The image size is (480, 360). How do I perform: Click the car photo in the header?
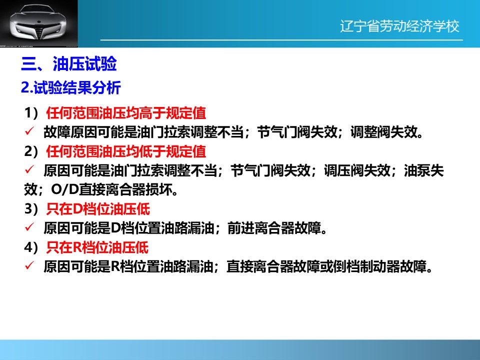39,23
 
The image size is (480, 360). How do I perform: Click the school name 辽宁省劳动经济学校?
399,26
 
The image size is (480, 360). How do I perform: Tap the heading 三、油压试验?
69,64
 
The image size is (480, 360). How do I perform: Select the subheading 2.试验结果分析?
71,87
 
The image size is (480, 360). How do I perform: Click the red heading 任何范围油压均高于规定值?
126,113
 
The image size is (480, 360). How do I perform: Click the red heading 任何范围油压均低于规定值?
126,151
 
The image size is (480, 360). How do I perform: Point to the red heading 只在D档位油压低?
98,209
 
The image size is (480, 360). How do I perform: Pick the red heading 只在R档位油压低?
97,247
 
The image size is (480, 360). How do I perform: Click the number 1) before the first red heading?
31,113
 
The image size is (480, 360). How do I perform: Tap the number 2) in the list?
31,151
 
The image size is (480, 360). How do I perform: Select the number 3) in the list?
31,209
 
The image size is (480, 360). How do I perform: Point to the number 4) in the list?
31,247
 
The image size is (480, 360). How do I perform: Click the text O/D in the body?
65,190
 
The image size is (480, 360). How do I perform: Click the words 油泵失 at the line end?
424,170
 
